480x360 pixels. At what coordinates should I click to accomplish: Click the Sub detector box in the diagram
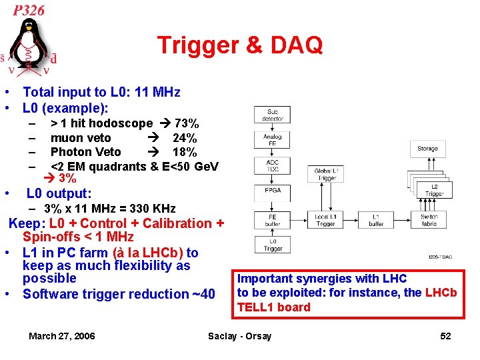coord(272,115)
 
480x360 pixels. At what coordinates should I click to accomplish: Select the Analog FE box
coord(272,140)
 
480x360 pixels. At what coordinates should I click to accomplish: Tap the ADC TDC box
coord(272,166)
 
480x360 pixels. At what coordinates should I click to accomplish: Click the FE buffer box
coord(272,220)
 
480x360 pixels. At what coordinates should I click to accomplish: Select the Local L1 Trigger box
coord(326,220)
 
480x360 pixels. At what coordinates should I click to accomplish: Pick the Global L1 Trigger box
coord(326,175)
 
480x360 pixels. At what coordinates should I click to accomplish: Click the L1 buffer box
coord(377,220)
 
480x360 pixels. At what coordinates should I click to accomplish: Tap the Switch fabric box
coord(429,220)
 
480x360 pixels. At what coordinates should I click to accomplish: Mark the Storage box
coord(427,149)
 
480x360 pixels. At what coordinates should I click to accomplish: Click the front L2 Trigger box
coord(434,189)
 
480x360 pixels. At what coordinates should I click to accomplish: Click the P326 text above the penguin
coord(29,10)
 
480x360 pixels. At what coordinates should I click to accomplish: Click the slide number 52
coord(445,336)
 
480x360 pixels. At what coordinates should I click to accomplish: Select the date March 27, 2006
coord(61,336)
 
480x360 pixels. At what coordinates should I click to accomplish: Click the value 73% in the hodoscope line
coord(186,123)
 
